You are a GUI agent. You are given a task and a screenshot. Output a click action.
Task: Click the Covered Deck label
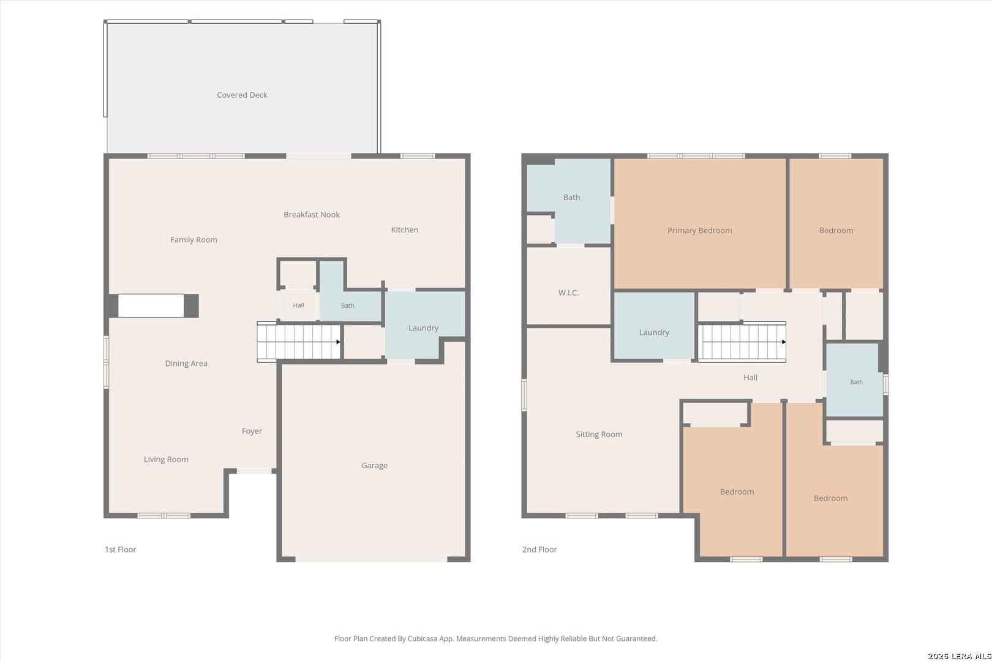tap(242, 95)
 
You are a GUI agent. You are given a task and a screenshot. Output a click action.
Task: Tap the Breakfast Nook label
tap(312, 215)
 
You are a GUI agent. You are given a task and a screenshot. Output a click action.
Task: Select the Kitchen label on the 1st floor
tap(404, 230)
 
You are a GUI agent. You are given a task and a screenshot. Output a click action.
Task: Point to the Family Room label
tap(194, 240)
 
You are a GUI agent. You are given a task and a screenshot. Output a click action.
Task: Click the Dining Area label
tap(186, 364)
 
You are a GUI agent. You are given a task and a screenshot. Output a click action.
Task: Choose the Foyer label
tap(252, 431)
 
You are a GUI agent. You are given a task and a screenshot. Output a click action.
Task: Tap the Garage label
tap(374, 465)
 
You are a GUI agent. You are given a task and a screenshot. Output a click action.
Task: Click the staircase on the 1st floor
tap(299, 342)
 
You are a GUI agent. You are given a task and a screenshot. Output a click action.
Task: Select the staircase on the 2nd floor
tap(742, 342)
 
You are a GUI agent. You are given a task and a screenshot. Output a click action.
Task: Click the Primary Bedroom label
tap(700, 231)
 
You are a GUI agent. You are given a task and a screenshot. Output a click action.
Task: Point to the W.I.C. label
tap(568, 293)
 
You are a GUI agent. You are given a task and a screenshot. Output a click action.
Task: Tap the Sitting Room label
tap(599, 435)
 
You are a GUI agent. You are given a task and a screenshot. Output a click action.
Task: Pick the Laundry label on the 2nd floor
tap(653, 332)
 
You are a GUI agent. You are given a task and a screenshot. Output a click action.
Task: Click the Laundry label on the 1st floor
tap(423, 328)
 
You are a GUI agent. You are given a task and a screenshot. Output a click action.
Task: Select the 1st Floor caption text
tap(120, 550)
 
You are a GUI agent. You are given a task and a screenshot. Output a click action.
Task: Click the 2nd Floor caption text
tap(539, 550)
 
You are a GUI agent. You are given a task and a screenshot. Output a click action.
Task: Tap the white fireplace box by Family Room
tap(151, 305)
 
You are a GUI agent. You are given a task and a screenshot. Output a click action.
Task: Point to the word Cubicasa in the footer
tap(424, 639)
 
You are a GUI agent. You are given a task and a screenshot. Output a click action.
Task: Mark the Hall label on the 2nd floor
tap(750, 378)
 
